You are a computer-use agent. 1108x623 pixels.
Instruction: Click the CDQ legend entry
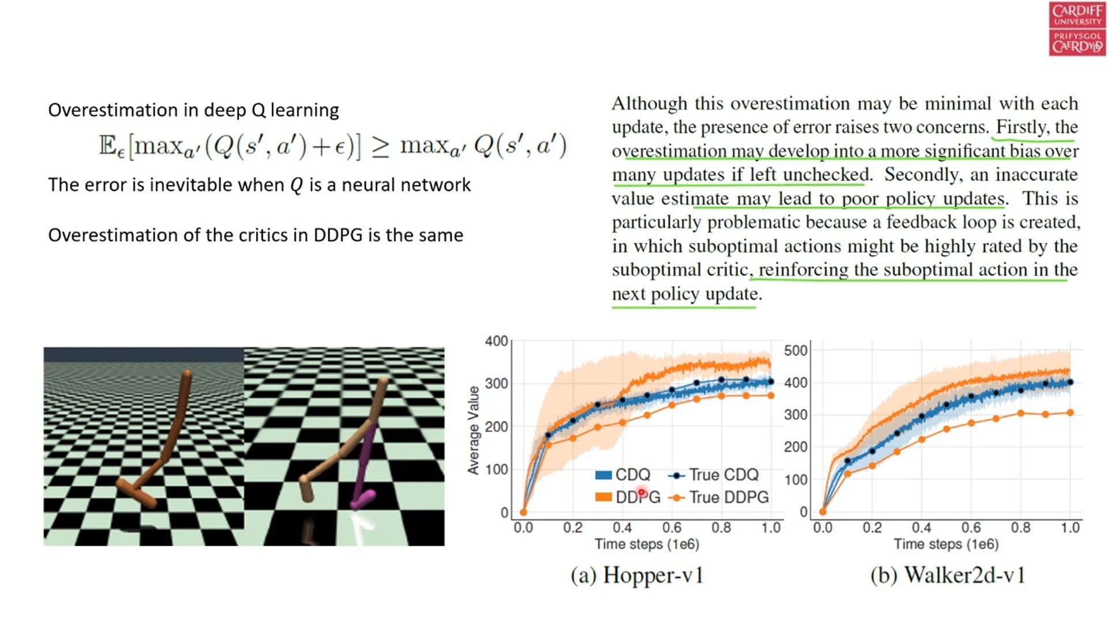point(623,475)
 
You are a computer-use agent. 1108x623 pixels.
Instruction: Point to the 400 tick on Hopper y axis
point(496,341)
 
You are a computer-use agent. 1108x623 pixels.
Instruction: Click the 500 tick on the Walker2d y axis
point(796,351)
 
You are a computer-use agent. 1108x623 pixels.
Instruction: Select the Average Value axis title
point(474,430)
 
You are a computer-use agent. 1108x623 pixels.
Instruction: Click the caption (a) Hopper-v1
point(637,576)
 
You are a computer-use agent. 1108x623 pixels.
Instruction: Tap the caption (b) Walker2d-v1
point(948,576)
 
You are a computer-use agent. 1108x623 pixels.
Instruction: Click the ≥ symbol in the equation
point(380,147)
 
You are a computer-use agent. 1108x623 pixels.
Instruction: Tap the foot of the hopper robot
point(138,493)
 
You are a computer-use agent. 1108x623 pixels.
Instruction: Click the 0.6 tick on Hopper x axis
point(672,528)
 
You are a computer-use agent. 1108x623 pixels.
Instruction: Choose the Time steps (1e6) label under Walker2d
point(946,544)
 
